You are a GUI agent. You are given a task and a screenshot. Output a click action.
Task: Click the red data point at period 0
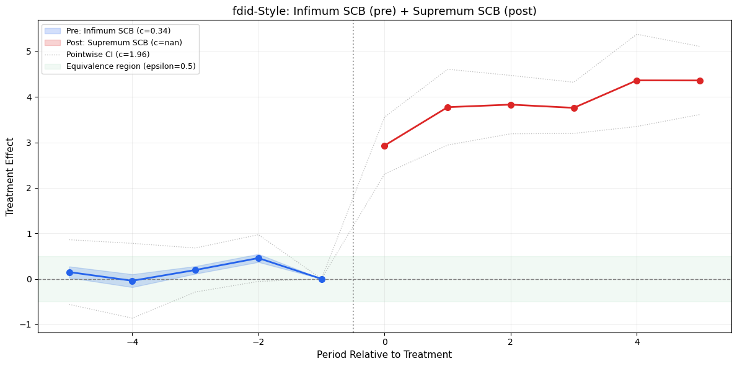pos(384,146)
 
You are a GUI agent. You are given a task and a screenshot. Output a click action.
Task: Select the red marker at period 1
pos(448,107)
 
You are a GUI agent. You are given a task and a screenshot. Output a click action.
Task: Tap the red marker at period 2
pos(511,105)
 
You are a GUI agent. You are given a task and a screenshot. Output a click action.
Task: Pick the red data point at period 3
pos(574,108)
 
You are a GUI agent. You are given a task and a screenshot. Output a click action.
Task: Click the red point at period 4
pos(637,81)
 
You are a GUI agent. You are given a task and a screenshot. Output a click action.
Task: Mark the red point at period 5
pos(700,81)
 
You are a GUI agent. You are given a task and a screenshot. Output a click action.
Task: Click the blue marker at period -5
pos(69,272)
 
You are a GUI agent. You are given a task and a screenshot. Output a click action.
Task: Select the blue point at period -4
pos(132,281)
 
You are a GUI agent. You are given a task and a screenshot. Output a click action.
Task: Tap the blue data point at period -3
pos(195,270)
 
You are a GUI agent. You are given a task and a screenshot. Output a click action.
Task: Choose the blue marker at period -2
pos(258,258)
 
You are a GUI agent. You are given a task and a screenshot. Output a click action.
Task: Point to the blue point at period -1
pos(322,279)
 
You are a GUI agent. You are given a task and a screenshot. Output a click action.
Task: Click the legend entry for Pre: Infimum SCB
pos(118,31)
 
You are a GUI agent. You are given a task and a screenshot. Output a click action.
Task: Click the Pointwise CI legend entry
pos(108,55)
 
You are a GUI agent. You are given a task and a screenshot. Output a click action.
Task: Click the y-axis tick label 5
pos(29,51)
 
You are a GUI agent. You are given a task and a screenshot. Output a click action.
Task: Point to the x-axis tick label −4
pos(132,341)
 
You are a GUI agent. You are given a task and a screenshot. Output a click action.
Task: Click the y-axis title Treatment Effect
pos(10,177)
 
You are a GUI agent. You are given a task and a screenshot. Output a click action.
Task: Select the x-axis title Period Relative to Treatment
pos(384,355)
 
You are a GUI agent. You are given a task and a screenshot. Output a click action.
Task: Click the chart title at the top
pos(384,11)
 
